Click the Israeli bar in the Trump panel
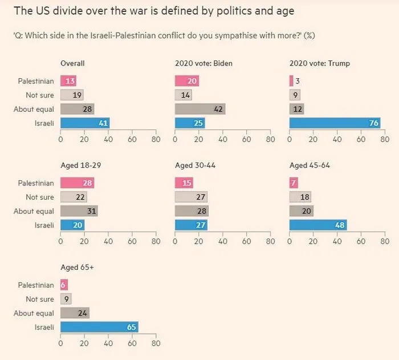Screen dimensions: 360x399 (x=335, y=123)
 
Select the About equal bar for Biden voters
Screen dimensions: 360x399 (x=200, y=109)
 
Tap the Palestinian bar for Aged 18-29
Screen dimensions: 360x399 (x=77, y=183)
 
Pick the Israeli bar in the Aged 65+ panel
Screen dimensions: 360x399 (x=99, y=327)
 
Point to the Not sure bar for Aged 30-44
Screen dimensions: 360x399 (x=191, y=197)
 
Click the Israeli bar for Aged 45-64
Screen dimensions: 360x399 (x=318, y=225)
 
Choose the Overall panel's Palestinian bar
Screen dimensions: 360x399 (x=68, y=81)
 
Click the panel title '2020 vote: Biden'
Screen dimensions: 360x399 (x=203, y=63)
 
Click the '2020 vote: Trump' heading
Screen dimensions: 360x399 (x=319, y=63)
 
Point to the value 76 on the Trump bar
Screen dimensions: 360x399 (x=373, y=123)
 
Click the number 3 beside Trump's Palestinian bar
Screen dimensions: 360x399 (x=298, y=81)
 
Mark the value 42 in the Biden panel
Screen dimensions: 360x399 (x=217, y=109)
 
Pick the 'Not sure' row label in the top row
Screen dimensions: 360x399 (x=40, y=95)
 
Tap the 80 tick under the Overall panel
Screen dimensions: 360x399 (x=156, y=139)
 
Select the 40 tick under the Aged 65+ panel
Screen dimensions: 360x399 (x=108, y=343)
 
